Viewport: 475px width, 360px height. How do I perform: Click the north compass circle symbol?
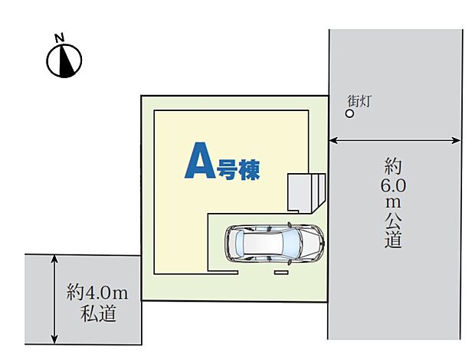[64, 61]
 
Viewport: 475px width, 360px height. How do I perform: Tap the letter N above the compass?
[58, 37]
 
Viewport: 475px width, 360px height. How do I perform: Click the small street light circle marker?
[349, 113]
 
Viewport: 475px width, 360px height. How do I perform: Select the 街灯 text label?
[359, 100]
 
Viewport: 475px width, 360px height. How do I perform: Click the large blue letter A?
[198, 162]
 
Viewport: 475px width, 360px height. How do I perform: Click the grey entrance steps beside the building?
[306, 191]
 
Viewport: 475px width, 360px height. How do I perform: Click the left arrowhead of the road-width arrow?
[332, 140]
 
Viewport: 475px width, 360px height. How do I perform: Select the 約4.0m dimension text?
[97, 292]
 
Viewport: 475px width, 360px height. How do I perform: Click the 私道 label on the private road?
[97, 313]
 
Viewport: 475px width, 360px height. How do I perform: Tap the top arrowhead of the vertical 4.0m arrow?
[54, 259]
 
